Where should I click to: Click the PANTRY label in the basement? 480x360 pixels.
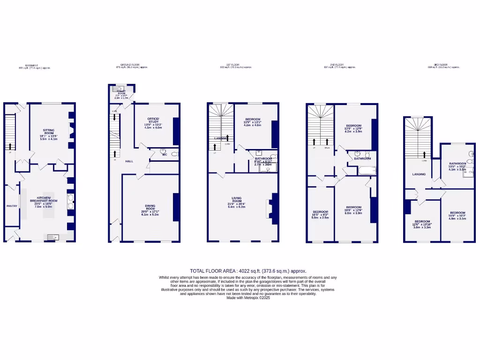click(x=12, y=206)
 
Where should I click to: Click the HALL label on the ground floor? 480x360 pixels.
click(x=129, y=161)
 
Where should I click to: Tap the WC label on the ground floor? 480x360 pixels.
click(x=165, y=155)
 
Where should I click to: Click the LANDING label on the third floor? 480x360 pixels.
click(x=419, y=174)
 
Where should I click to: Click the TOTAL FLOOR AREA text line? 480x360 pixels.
click(x=248, y=271)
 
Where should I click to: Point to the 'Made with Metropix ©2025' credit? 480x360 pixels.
click(x=248, y=298)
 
